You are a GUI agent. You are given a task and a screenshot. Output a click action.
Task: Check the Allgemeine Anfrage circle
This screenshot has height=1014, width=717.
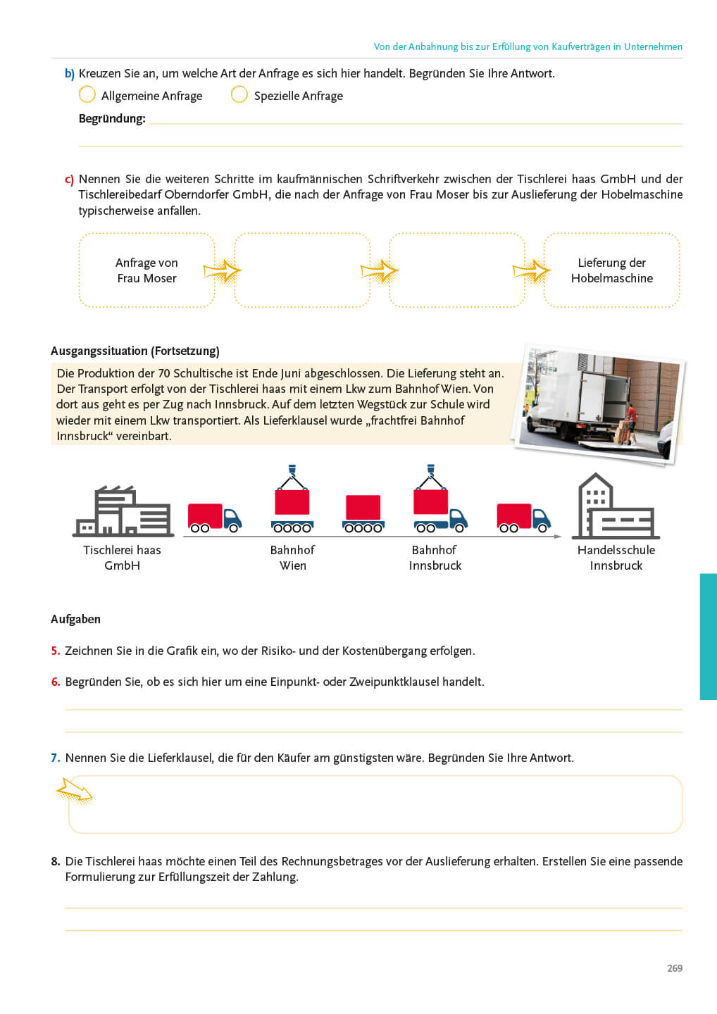(x=87, y=94)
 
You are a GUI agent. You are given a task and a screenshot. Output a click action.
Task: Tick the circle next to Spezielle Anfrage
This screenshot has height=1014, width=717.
(x=239, y=94)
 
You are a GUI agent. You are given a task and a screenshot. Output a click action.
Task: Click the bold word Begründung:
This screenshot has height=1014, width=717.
(x=112, y=118)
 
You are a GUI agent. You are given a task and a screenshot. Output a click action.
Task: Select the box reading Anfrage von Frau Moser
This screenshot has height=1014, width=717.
(x=146, y=270)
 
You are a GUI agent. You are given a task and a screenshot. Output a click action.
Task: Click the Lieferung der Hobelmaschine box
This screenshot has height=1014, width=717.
(x=611, y=270)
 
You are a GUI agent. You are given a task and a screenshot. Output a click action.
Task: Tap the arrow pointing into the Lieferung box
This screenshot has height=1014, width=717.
(x=532, y=271)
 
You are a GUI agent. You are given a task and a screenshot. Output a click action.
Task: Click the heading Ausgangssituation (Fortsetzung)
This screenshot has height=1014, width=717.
(x=135, y=351)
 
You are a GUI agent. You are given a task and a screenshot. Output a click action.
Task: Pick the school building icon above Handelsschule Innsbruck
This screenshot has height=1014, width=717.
(x=616, y=507)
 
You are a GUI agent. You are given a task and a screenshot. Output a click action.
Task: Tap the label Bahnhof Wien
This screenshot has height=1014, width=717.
(x=292, y=558)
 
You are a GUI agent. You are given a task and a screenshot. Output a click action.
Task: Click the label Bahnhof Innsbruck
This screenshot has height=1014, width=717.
(x=435, y=558)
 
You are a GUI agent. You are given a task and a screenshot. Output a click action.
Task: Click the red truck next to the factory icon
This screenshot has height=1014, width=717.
(x=214, y=518)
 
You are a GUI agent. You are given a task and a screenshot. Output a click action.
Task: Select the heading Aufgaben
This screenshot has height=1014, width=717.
(x=75, y=619)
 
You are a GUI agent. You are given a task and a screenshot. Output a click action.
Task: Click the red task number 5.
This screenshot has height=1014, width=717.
(x=56, y=651)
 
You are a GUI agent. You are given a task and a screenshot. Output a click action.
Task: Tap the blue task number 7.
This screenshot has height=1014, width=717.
(x=56, y=758)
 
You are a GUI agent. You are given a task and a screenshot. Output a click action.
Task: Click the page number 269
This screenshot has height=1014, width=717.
(x=675, y=968)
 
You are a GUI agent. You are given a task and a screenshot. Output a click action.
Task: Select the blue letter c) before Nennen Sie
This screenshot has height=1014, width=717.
(x=69, y=180)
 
